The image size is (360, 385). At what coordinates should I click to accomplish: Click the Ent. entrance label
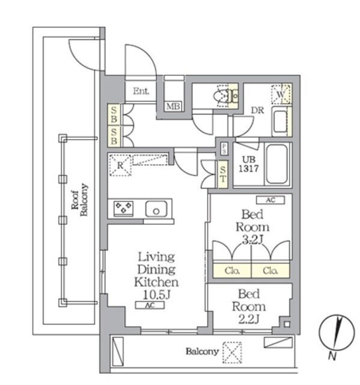(141, 91)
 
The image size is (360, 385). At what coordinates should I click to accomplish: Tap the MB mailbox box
(173, 106)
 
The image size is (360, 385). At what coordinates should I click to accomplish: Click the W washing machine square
(281, 94)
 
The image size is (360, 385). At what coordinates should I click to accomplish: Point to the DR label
(257, 111)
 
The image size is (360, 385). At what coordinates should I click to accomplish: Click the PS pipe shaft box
(224, 149)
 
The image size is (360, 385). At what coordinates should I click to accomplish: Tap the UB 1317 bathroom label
(249, 164)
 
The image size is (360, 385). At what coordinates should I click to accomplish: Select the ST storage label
(223, 174)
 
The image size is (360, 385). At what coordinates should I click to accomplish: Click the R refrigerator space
(120, 165)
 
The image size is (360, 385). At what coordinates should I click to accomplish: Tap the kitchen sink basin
(156, 209)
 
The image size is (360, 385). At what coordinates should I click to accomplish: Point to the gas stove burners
(124, 208)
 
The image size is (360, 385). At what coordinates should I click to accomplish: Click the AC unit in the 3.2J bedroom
(270, 200)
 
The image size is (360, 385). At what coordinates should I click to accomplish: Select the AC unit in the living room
(150, 305)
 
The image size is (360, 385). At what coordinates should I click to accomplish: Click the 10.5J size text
(156, 295)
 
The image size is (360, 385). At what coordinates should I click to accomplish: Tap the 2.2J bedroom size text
(249, 319)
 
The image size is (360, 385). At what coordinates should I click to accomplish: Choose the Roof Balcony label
(79, 200)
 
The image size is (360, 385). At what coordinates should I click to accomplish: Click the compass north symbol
(337, 333)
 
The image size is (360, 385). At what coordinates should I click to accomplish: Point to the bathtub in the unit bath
(277, 164)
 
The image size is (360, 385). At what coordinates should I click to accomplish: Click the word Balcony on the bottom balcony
(202, 351)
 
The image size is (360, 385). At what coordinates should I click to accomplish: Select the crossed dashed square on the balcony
(232, 353)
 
